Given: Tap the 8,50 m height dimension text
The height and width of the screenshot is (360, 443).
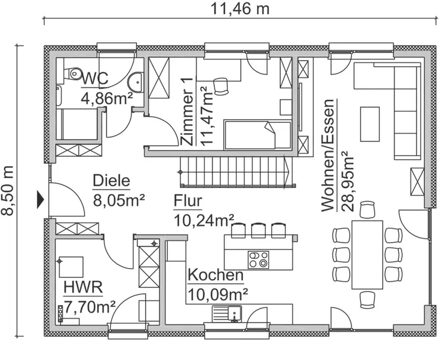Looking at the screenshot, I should (9, 191).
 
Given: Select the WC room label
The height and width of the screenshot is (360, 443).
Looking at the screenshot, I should (96, 78).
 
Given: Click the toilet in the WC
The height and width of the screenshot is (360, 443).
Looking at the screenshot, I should (73, 73).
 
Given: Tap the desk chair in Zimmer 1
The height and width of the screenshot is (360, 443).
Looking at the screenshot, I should (221, 86).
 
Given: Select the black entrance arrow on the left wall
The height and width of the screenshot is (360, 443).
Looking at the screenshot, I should (40, 200).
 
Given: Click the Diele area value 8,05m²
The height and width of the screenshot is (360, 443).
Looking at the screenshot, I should (120, 199).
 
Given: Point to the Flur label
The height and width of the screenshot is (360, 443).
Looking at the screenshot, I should (188, 202).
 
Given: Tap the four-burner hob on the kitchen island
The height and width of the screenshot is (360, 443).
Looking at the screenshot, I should (258, 259).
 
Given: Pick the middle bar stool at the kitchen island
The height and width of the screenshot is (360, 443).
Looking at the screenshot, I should (258, 229).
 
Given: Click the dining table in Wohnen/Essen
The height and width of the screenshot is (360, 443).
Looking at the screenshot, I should (367, 255).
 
